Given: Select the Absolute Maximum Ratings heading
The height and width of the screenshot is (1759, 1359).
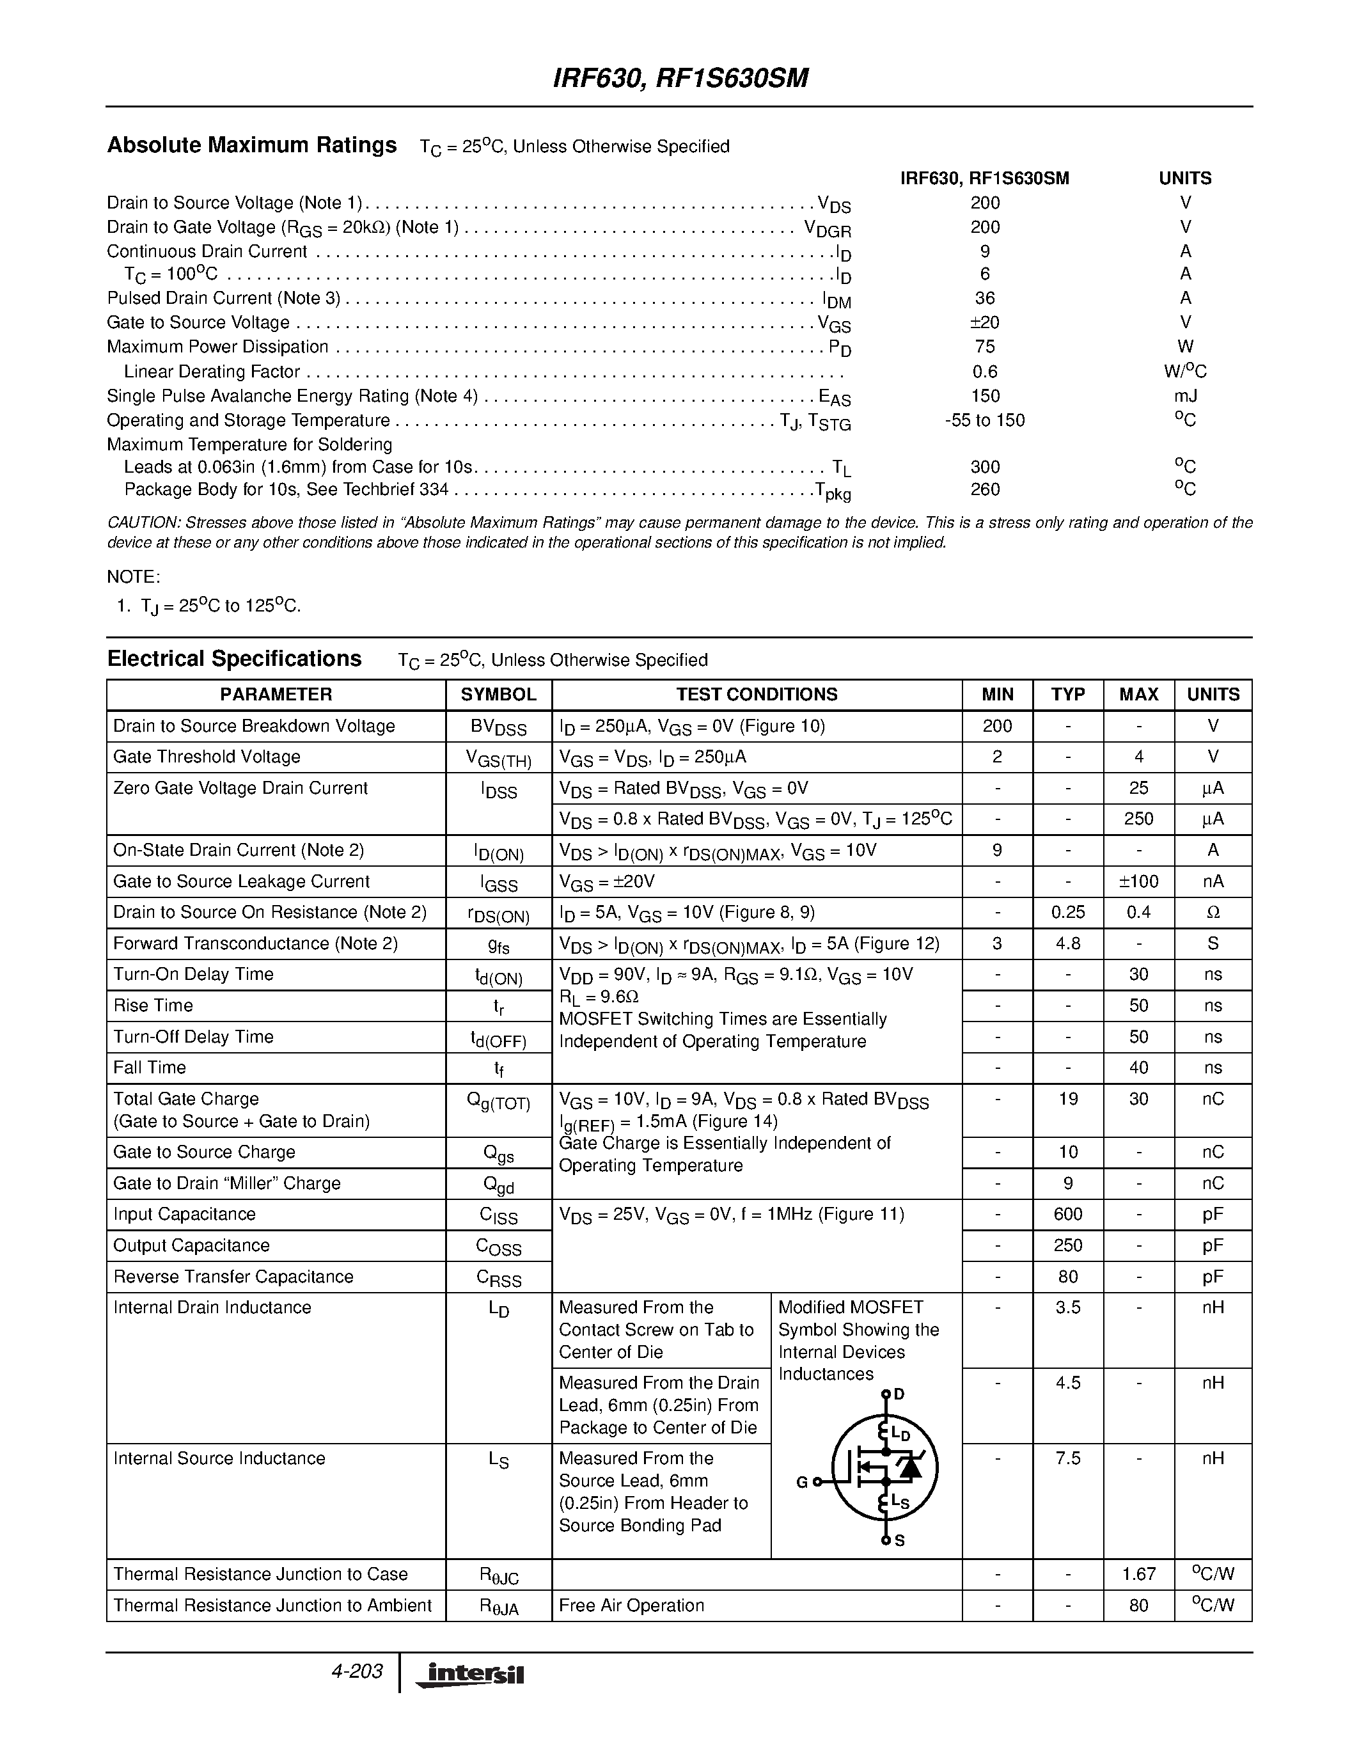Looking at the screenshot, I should (x=251, y=145).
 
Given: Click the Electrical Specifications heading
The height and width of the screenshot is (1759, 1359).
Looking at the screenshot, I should (x=234, y=659).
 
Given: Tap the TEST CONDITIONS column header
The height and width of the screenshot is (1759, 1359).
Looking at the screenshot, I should (x=756, y=694).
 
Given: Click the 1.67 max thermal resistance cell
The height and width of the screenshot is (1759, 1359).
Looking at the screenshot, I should (x=1138, y=1574).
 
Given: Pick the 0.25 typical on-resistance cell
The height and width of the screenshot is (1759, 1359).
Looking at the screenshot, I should (x=1067, y=913).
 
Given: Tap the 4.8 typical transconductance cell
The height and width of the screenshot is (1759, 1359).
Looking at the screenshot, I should (x=1067, y=943).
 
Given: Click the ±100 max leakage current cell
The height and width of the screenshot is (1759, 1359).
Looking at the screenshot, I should (x=1138, y=881).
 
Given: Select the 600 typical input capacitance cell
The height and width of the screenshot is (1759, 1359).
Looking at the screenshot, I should (x=1067, y=1214).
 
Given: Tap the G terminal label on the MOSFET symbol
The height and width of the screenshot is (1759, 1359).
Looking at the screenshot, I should (x=802, y=1482).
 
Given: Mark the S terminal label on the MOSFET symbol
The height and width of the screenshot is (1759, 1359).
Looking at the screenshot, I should (x=899, y=1541).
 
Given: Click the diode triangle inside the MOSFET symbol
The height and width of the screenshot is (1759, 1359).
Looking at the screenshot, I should (x=911, y=1467).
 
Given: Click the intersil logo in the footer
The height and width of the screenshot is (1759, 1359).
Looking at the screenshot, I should (x=470, y=1675).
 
